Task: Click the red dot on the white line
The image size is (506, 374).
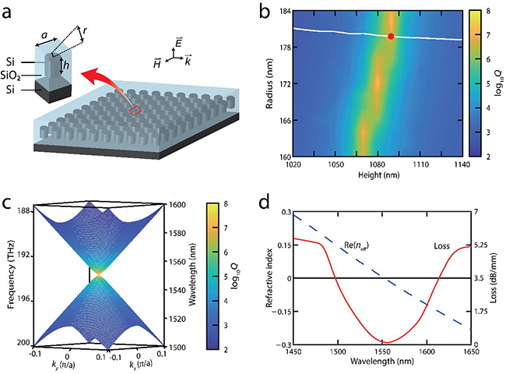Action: [x=390, y=36]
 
